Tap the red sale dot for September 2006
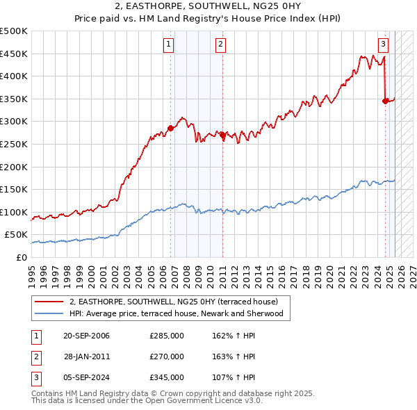pyautogui.click(x=170, y=129)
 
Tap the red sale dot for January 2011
pyautogui.click(x=222, y=136)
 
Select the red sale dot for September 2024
pyautogui.click(x=385, y=101)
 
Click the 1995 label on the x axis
pyautogui.click(x=31, y=270)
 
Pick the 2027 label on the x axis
pyautogui.click(x=412, y=270)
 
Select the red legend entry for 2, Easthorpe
pyautogui.click(x=173, y=302)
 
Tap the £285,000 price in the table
pyautogui.click(x=167, y=336)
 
